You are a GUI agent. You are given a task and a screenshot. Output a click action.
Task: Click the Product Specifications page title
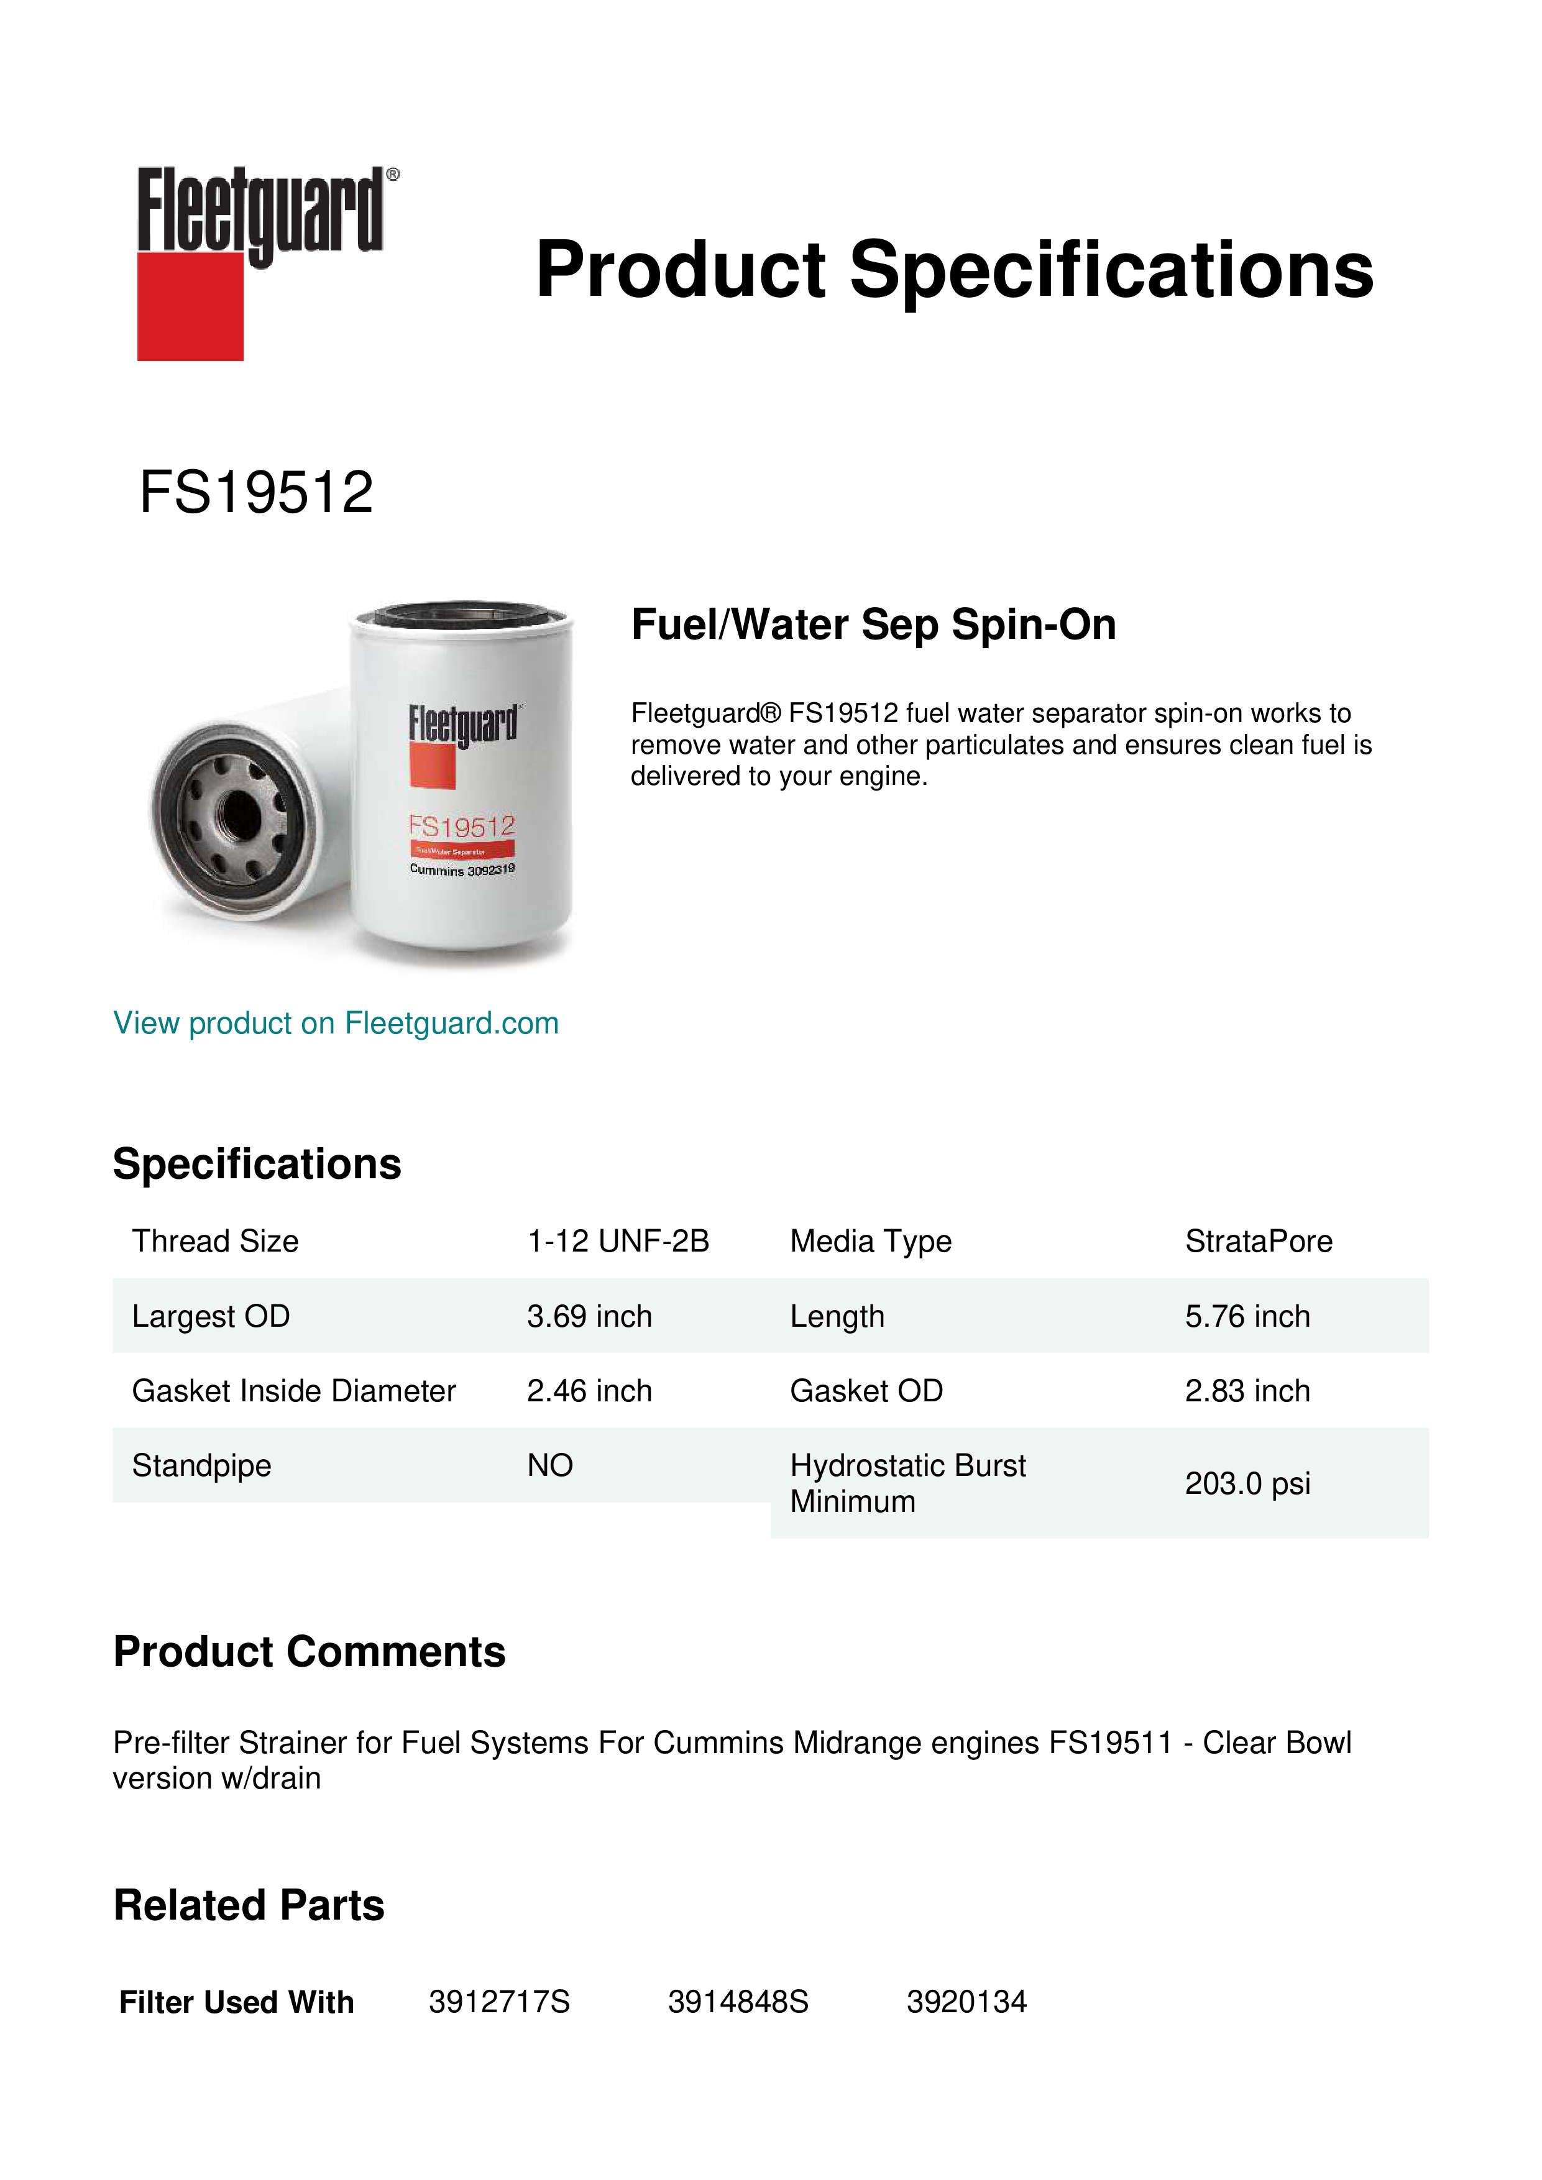pyautogui.click(x=954, y=270)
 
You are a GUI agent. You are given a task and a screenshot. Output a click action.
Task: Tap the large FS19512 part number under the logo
pyautogui.click(x=256, y=493)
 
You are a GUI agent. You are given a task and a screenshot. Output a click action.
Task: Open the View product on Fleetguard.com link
pyautogui.click(x=335, y=1024)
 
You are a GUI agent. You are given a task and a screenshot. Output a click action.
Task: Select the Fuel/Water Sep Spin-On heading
pyautogui.click(x=873, y=625)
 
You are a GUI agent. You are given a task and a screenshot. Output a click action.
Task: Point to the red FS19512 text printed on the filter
pyautogui.click(x=461, y=827)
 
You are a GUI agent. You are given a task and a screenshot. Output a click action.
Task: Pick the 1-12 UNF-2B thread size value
pyautogui.click(x=618, y=1241)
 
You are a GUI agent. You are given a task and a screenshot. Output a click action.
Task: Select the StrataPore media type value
pyautogui.click(x=1258, y=1241)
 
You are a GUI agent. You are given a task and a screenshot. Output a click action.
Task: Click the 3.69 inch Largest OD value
pyautogui.click(x=590, y=1316)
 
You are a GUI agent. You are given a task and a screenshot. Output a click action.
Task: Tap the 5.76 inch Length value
pyautogui.click(x=1247, y=1316)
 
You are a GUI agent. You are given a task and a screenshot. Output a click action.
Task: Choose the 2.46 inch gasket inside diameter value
pyautogui.click(x=590, y=1391)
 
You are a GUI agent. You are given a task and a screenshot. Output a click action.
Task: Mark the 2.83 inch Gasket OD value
pyautogui.click(x=1247, y=1391)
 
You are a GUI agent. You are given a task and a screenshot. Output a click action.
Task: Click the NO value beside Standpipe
pyautogui.click(x=550, y=1465)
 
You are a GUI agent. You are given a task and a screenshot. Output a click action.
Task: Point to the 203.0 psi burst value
pyautogui.click(x=1247, y=1483)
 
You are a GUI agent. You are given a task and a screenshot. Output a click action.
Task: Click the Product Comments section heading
pyautogui.click(x=310, y=1652)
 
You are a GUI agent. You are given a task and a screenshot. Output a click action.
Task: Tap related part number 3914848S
pyautogui.click(x=738, y=2002)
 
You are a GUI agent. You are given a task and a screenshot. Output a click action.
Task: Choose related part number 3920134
pyautogui.click(x=966, y=2002)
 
